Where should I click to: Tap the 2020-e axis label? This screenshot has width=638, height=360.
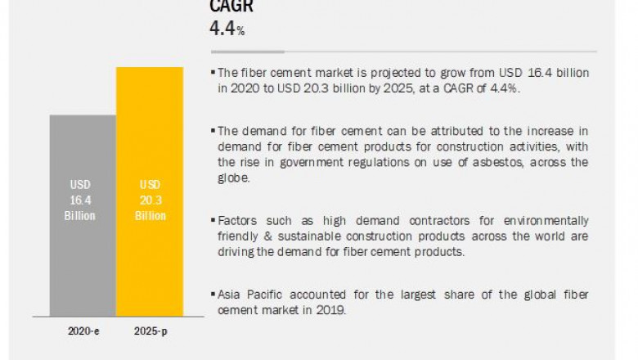click(83, 332)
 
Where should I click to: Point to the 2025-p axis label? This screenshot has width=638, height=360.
click(149, 332)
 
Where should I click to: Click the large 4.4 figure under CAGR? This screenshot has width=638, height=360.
click(222, 29)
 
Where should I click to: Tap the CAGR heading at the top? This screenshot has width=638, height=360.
click(231, 7)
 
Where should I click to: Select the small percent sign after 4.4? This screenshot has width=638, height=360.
click(241, 31)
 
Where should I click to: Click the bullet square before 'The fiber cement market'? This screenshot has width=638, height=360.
click(213, 74)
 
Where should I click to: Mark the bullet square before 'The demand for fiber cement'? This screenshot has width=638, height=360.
click(213, 131)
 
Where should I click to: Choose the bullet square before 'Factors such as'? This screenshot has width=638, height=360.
click(213, 221)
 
